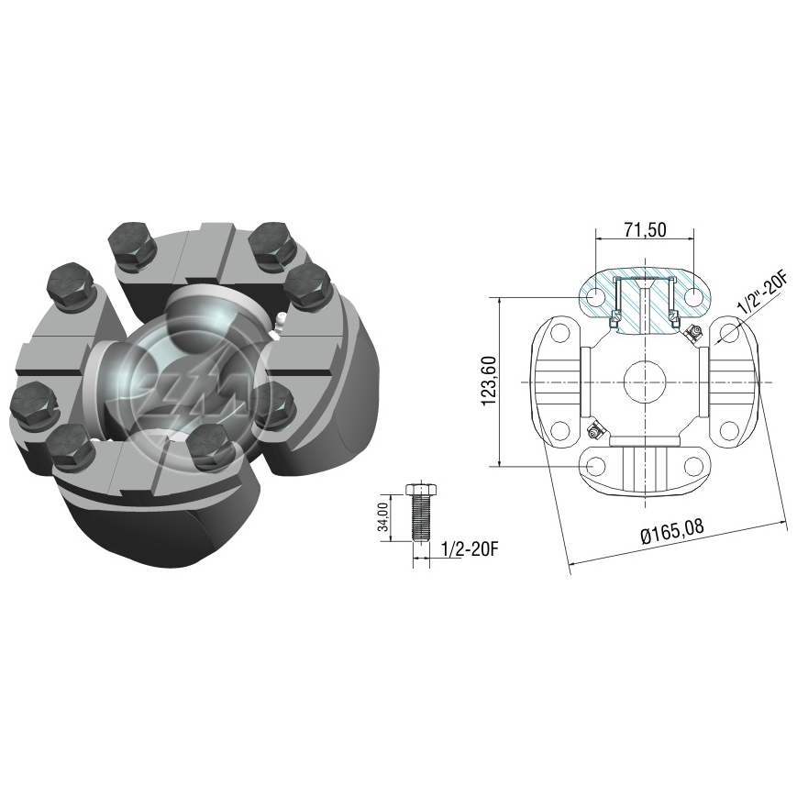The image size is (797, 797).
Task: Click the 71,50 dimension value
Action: coord(645,230)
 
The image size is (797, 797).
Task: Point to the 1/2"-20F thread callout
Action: coord(761,293)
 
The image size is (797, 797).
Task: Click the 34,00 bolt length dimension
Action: coord(385,517)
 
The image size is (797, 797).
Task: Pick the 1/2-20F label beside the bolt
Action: coord(470,549)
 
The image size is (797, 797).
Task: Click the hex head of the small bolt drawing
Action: coord(420,490)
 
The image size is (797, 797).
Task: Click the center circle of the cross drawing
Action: coord(645,382)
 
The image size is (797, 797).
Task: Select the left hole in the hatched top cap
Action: coord(596,295)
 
